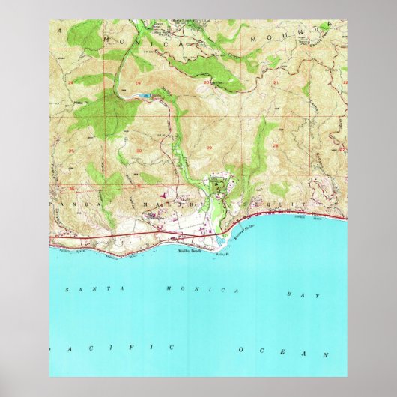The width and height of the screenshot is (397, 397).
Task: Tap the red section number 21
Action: (276, 81)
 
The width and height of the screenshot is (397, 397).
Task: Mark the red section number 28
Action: (276, 147)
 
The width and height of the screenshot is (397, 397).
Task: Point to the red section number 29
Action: (207, 150)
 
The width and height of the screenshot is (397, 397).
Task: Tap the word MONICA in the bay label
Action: (201, 289)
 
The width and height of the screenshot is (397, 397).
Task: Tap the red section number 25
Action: (71, 150)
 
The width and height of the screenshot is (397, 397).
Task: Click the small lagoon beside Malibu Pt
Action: (222, 242)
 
